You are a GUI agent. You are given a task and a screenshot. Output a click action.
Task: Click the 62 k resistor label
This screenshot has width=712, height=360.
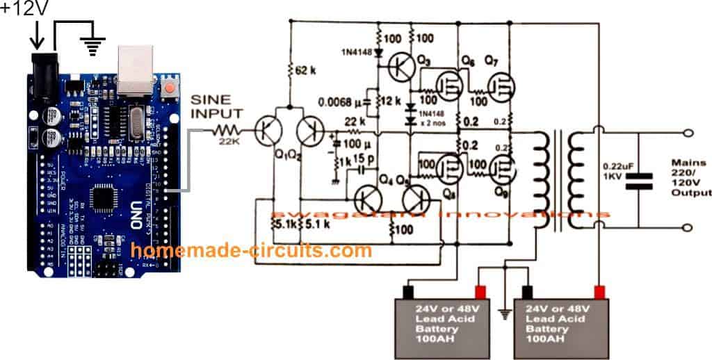pyautogui.click(x=305, y=70)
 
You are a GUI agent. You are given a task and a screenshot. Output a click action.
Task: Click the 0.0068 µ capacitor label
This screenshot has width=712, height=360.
pyautogui.click(x=337, y=104)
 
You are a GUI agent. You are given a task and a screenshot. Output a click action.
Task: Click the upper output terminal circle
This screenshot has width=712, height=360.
pyautogui.click(x=688, y=132)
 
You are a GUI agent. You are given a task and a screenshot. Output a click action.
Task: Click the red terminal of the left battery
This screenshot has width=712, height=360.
pyautogui.click(x=480, y=289)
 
